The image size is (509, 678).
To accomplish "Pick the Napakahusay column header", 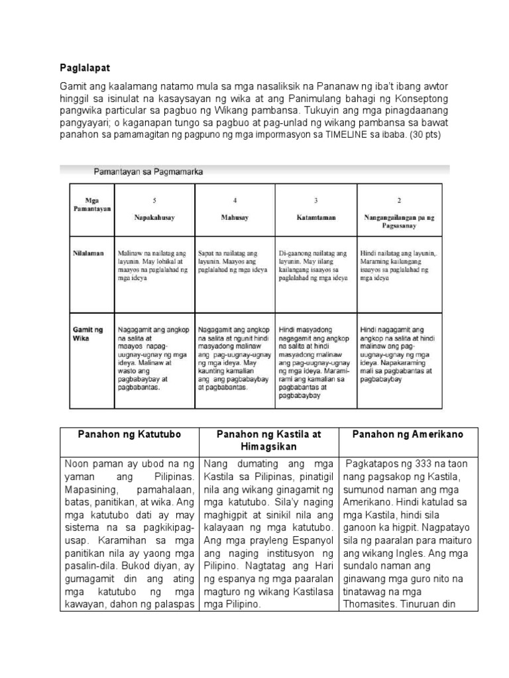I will coord(154,217).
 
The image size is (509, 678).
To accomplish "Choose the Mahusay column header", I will coord(235,217).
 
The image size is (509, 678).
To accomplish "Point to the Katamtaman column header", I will coord(315,217).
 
